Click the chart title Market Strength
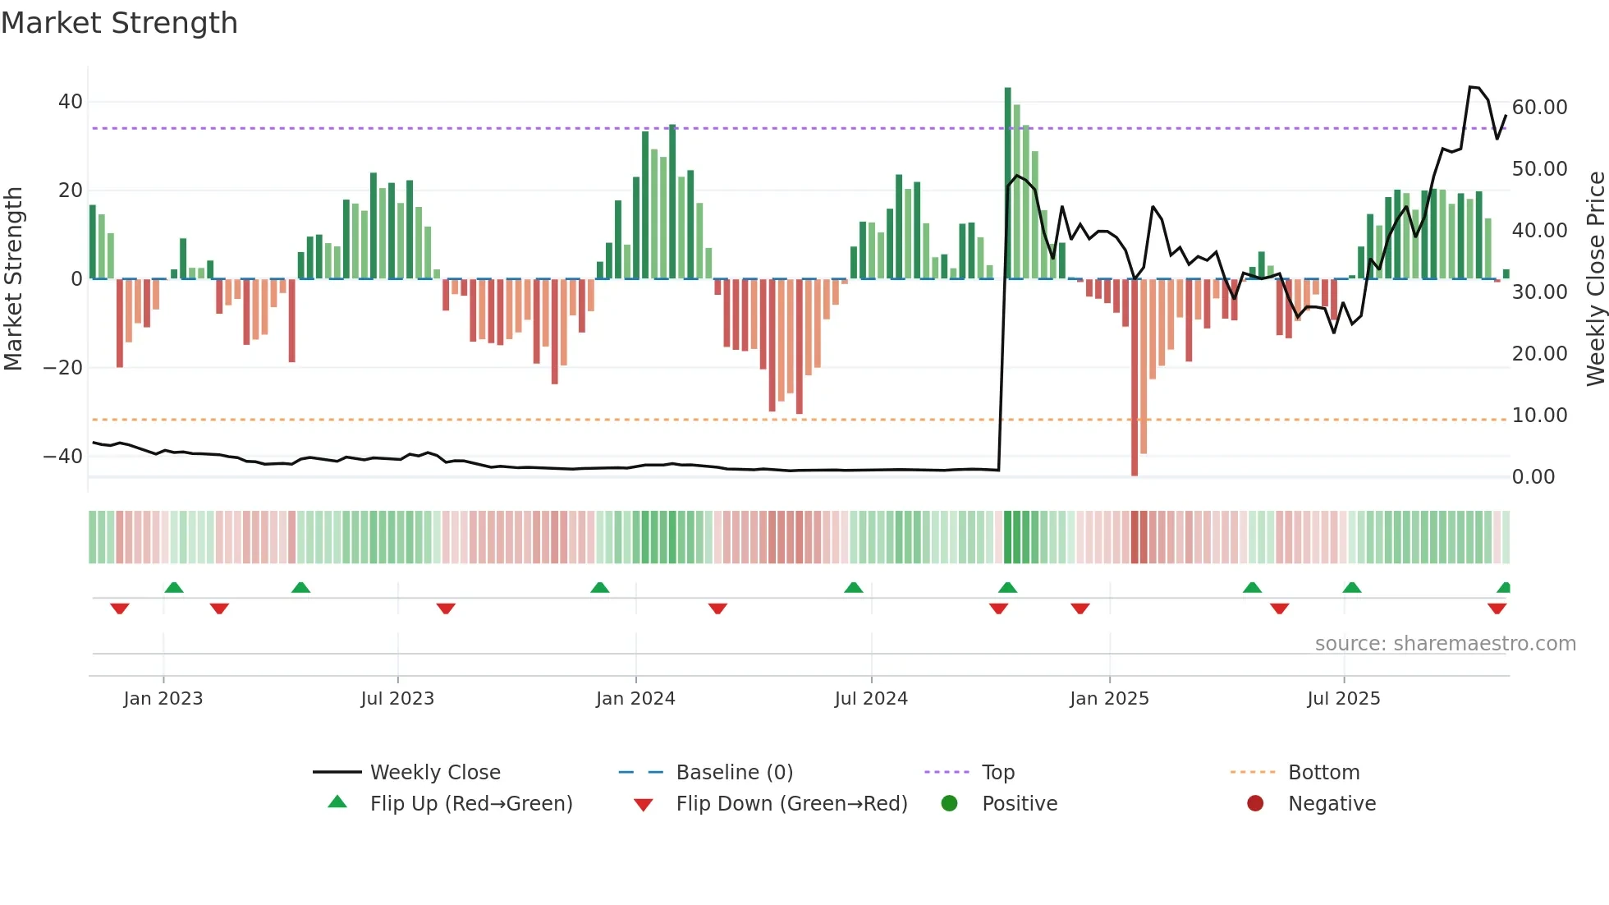point(119,23)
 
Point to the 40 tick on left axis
point(71,102)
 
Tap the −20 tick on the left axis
point(63,367)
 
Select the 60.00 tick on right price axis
point(1539,108)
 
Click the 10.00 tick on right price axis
point(1539,416)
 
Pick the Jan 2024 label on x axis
point(635,699)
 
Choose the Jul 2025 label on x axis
point(1343,699)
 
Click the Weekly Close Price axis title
point(1595,279)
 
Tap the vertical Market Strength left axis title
point(13,279)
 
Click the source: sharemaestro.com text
point(1445,644)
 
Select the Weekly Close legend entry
point(435,773)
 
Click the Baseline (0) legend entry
point(734,773)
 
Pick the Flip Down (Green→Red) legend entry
point(791,804)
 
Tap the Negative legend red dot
point(1255,804)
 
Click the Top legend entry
point(997,773)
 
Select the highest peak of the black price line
point(1471,87)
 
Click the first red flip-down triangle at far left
point(120,609)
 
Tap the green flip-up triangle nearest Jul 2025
point(1352,587)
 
